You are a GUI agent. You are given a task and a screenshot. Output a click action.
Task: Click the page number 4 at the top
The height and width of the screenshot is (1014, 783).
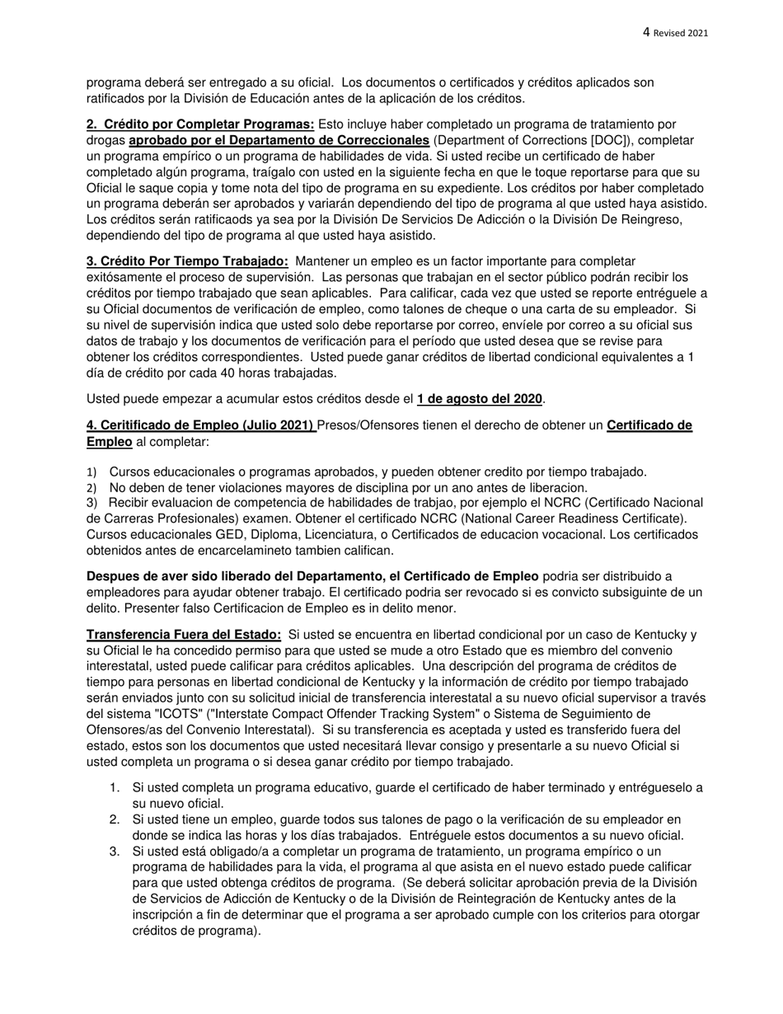coord(646,32)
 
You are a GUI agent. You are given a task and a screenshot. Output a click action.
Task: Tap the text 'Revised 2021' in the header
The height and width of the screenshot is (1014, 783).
coord(681,33)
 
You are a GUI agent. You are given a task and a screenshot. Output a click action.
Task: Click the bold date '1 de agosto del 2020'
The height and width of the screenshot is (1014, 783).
coord(479,399)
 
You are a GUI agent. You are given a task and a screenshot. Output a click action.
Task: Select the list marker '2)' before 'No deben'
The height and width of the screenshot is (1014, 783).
coord(91,487)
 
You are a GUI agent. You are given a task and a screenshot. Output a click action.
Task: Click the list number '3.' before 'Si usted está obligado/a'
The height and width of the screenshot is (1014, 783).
coord(116,850)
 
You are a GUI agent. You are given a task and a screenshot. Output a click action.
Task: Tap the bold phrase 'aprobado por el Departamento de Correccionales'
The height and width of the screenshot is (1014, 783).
coord(279,140)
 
